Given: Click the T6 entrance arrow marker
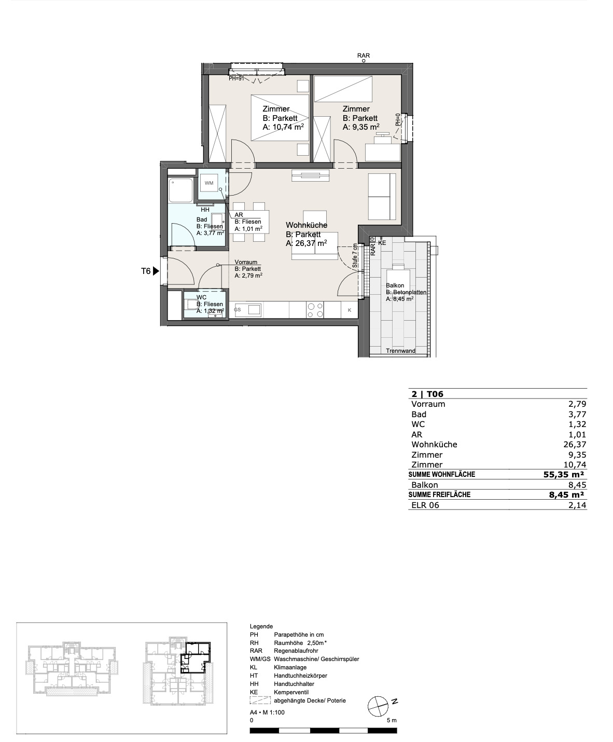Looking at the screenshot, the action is tap(156, 271).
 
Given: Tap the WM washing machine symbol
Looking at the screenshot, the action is tap(209, 183).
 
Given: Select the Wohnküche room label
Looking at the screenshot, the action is tap(306, 225).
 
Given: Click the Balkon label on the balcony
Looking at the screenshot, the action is tap(395, 285).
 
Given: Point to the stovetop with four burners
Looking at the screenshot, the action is tap(315, 310).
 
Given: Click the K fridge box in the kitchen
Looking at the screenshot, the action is tap(350, 310).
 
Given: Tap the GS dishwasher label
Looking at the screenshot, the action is tap(237, 310).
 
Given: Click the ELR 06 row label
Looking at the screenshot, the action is tap(425, 505).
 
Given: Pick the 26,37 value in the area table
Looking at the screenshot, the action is tap(574, 444).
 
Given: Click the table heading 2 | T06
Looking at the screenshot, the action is tap(427, 394).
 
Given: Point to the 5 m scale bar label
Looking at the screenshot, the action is tap(392, 720).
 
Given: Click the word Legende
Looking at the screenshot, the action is tap(261, 626).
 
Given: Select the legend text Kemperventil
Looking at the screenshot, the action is tap(291, 692).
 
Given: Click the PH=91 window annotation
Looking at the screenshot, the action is tap(236, 78).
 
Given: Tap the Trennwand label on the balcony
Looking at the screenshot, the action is tap(400, 351).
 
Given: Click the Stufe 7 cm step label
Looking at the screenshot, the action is tap(355, 255).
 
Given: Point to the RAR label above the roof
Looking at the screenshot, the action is tap(364, 56).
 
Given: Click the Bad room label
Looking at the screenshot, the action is tap(202, 219).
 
